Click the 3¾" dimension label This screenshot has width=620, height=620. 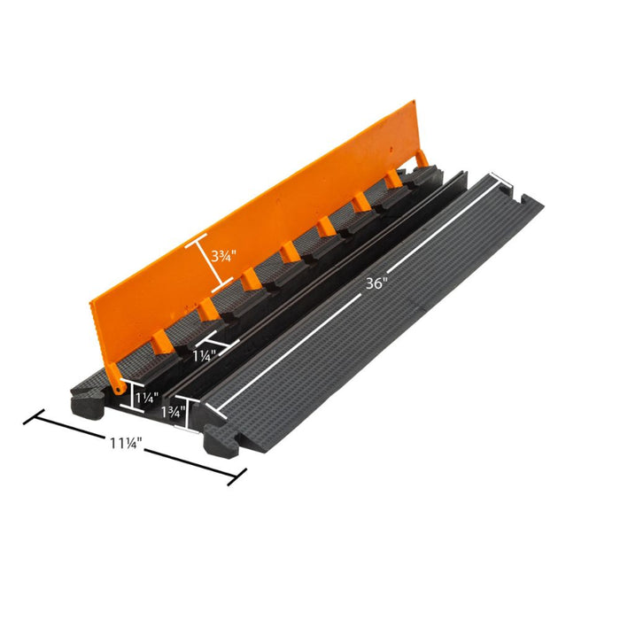coord(223,256)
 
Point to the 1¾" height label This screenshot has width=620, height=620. coord(174,412)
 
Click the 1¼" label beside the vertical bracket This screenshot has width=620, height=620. coord(147,397)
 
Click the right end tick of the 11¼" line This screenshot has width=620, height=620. coord(236,477)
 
